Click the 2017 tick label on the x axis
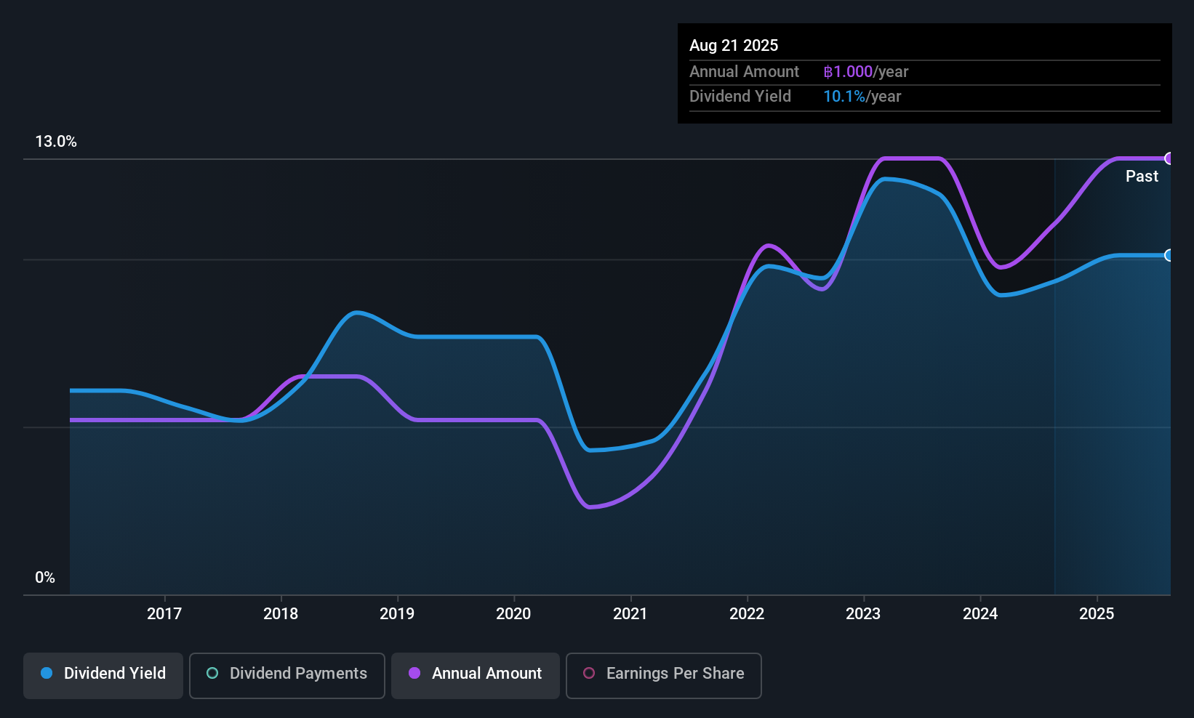coord(164,613)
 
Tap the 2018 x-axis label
coord(281,613)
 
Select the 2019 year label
coord(397,613)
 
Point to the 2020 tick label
coord(513,613)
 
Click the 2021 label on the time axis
coord(630,613)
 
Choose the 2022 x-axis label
coord(747,613)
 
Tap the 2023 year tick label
coord(863,613)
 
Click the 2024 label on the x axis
coord(980,613)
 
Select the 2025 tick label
coord(1097,613)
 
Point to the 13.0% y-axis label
coord(56,142)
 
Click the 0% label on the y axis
coord(45,578)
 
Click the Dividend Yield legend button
coord(103,674)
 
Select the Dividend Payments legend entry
coord(287,674)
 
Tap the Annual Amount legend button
coord(476,674)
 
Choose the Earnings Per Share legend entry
coord(664,674)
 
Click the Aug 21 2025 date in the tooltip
coord(734,45)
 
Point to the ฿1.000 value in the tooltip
coord(848,72)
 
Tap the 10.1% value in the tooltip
coord(844,97)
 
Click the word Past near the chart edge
coord(1142,177)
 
